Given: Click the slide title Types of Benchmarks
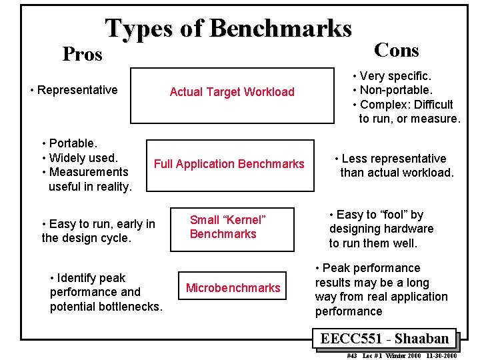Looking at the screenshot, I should point(228,28).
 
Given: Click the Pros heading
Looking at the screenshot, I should point(82,54).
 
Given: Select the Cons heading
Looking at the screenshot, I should point(397,50).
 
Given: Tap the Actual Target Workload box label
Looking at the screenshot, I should point(231,92).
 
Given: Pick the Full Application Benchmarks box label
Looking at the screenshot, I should point(229,163).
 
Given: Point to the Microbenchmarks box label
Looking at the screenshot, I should point(233,287).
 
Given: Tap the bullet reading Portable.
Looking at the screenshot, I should point(73,143).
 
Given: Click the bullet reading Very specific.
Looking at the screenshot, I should point(395,77).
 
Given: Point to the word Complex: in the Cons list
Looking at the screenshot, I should point(381,105).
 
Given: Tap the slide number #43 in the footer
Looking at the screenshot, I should point(352,355).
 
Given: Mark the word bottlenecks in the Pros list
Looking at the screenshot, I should point(129,307).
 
